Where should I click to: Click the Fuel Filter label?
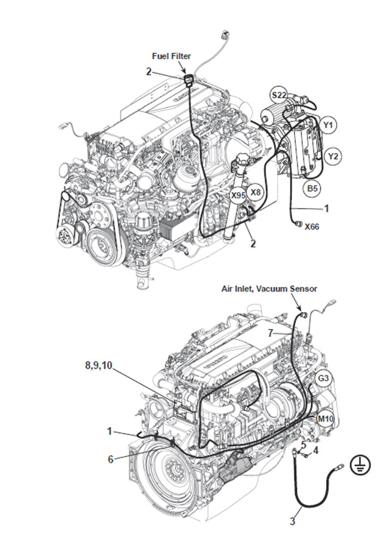point(171,56)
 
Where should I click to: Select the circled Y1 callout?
point(329,126)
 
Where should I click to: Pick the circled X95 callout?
point(238,195)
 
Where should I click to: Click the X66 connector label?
point(312,227)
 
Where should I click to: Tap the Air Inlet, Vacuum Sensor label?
point(269,289)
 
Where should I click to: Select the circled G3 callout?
point(323,379)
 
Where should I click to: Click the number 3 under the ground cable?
point(292,521)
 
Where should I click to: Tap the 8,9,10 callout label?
point(98,365)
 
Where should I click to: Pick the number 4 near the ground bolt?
point(316,450)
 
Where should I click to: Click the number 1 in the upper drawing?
point(327,208)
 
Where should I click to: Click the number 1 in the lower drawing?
point(109,431)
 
